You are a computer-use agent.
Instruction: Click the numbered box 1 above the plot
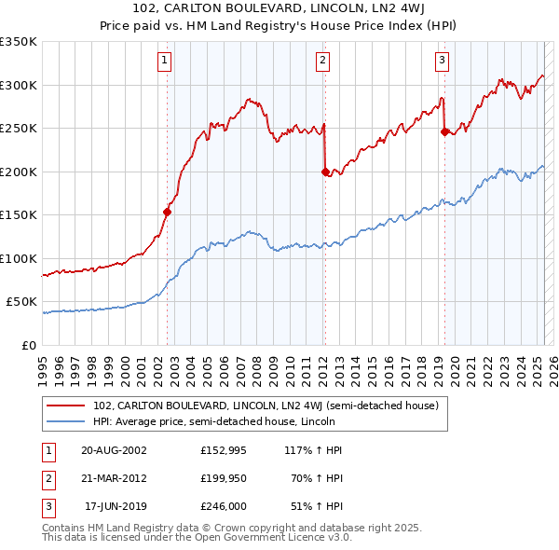(164, 62)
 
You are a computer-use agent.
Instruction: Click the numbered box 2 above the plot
(322, 62)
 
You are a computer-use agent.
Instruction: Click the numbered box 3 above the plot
(442, 62)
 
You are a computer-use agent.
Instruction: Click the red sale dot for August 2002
(168, 212)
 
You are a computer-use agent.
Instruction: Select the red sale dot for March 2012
(325, 172)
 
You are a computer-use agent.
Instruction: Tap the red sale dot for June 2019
(444, 131)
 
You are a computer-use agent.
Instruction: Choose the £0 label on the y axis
(28, 345)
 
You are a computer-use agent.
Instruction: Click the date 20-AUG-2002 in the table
(114, 449)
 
